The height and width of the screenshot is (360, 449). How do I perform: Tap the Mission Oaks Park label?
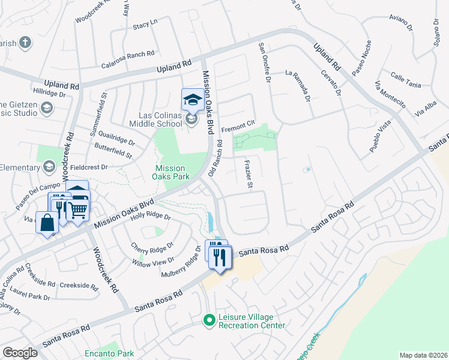172,172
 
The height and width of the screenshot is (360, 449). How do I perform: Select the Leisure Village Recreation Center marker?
209,320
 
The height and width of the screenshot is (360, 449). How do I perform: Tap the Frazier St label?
248,175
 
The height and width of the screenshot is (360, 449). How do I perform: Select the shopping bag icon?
47,224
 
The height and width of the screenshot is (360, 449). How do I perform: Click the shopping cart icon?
78,209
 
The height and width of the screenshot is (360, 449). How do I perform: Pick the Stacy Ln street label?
145,24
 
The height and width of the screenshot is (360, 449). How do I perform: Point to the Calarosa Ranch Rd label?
128,55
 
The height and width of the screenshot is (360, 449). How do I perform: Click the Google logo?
20,353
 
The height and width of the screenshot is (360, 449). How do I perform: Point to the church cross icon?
25,42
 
